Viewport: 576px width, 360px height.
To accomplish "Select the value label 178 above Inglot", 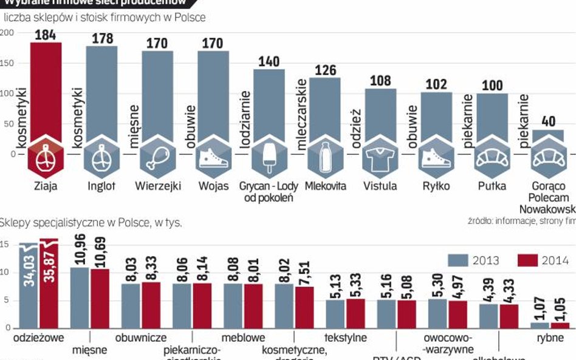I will [x=102, y=39].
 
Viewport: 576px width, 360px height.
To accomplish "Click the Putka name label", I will [x=492, y=186].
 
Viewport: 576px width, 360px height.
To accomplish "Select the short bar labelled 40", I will [x=547, y=137].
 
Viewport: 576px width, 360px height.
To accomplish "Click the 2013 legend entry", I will [x=473, y=260].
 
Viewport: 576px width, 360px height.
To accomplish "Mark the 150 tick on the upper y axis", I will [x=7, y=63].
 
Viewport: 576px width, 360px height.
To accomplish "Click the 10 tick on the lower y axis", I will [x=5, y=273].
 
